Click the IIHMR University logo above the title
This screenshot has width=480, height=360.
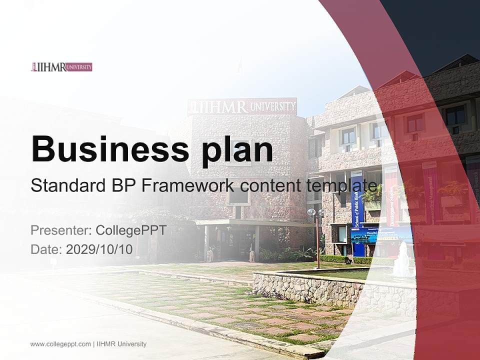[x=61, y=67]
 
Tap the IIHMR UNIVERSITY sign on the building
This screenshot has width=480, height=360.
[x=242, y=106]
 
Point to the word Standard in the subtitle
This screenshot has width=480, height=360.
[x=64, y=185]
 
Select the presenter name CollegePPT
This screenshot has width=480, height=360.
[x=131, y=230]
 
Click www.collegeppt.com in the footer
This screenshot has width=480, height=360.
[x=60, y=344]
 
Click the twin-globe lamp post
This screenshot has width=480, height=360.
[x=316, y=235]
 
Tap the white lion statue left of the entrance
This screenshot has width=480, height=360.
[x=210, y=255]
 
